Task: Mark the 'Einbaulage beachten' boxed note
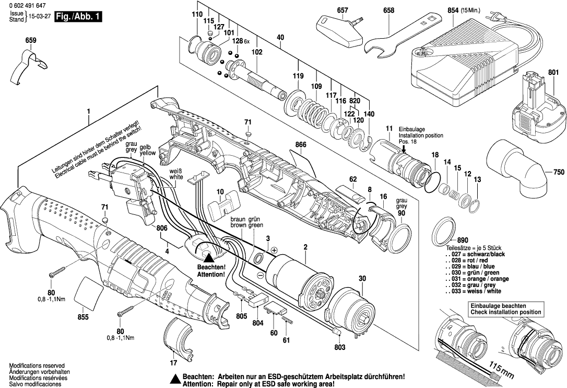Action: (x=505, y=309)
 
